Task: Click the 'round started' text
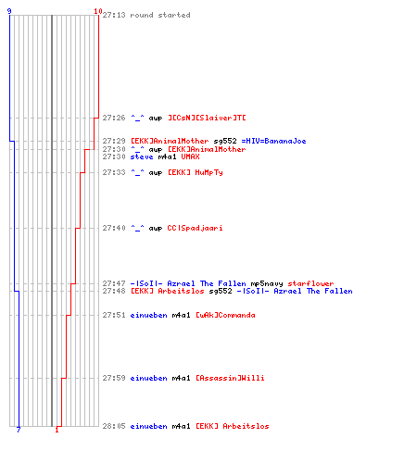tap(160, 15)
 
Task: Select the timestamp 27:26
tap(114, 118)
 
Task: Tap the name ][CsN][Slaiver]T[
tap(207, 118)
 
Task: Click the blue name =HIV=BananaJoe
tap(273, 141)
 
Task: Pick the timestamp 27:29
tap(114, 141)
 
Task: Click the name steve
tap(142, 156)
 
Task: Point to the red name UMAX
tap(190, 156)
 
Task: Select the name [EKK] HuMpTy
tap(196, 172)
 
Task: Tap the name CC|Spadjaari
tap(195, 228)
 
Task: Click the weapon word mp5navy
tap(267, 283)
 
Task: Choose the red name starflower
tap(310, 283)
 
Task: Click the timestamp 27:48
tap(114, 291)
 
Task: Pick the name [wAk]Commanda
tap(225, 315)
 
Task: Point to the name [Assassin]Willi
tap(230, 378)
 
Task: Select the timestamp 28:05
tap(114, 426)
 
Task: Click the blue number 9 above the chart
tap(9, 11)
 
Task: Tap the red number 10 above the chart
tap(98, 11)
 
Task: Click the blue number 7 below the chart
tap(19, 430)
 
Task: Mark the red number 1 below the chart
tap(57, 430)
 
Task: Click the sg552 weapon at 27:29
tap(225, 142)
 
